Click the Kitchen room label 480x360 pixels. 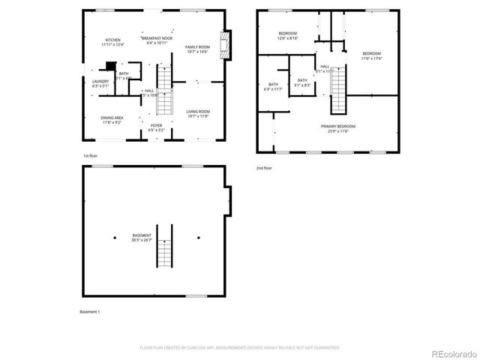point(113,42)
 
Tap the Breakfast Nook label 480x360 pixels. point(156,40)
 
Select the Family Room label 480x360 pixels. point(197,49)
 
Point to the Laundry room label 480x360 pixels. point(100,83)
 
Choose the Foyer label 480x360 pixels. point(156,127)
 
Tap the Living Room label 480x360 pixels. point(198,113)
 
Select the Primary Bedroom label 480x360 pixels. point(341,128)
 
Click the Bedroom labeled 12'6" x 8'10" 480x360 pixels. point(288,35)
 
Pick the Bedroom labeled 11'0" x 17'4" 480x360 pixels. point(371,55)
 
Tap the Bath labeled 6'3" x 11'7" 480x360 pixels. point(273,86)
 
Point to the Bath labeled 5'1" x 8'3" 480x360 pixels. point(301,82)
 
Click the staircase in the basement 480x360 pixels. point(165,245)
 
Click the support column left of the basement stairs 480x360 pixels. point(115,238)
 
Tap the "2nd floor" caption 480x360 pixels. point(265,167)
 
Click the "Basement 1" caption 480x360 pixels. point(90,311)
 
